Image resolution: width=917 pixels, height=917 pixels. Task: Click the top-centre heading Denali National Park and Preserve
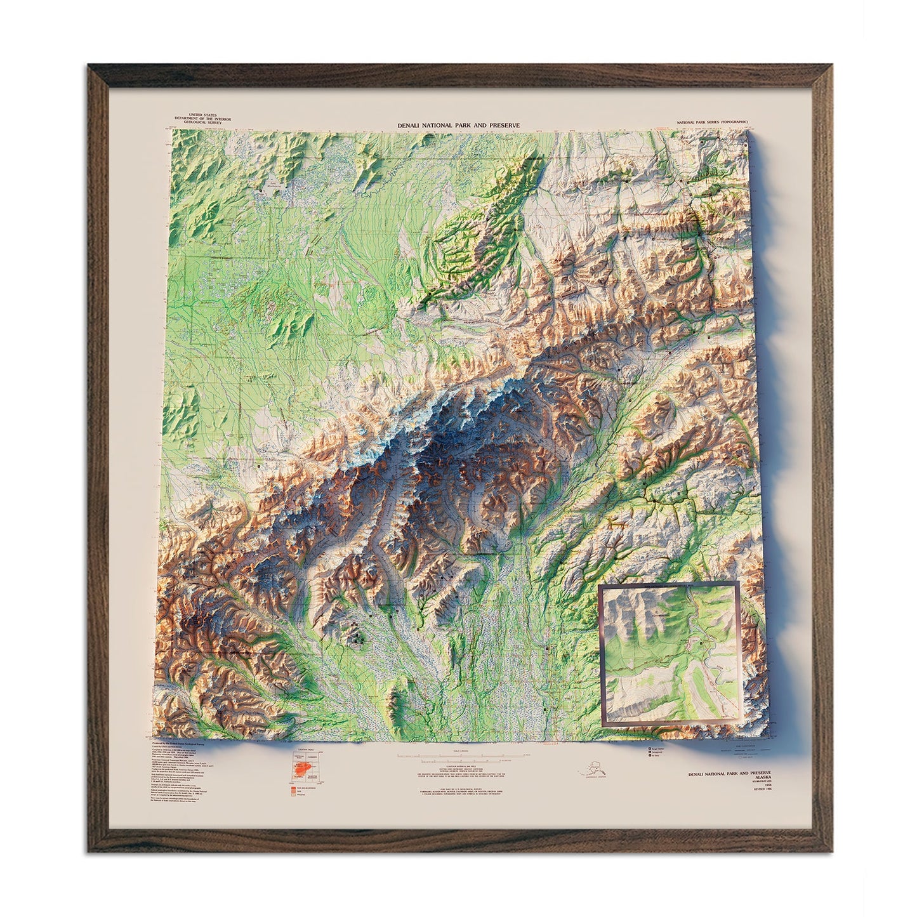click(x=458, y=126)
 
